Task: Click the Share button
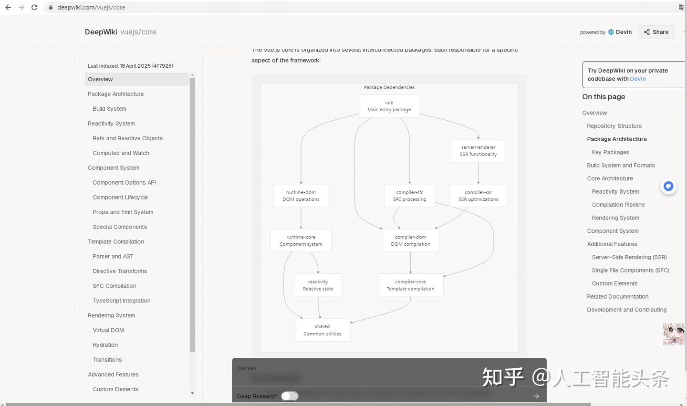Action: [656, 32]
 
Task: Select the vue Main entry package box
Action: [389, 106]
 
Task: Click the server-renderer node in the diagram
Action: [478, 151]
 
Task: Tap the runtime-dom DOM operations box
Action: [301, 196]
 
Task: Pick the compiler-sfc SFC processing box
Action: [409, 196]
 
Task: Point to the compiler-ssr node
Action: [478, 196]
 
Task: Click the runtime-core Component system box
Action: [301, 240]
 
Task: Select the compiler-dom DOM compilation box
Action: [410, 240]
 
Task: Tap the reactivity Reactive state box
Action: [318, 285]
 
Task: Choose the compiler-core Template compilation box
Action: [410, 285]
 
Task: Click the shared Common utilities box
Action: [322, 330]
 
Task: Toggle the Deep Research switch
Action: [289, 396]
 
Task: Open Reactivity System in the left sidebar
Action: [111, 124]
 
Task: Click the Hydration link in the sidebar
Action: [105, 345]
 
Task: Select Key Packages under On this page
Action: [610, 152]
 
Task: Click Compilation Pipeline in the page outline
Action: [618, 205]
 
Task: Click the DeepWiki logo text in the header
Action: [101, 32]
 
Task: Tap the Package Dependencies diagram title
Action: [389, 87]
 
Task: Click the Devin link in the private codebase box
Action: [638, 79]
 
